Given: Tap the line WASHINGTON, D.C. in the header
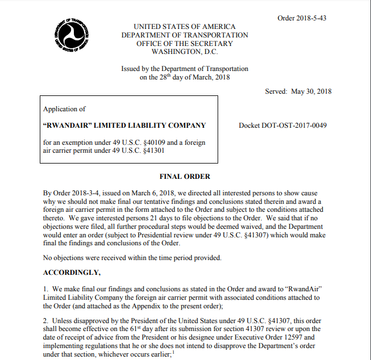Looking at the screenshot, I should coord(185,52).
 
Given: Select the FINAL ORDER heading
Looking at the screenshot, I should coord(185,177).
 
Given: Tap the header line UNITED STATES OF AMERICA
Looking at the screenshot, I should coord(185,27).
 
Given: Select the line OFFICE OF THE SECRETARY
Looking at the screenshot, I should coord(185,44).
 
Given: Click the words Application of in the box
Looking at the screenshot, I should coord(64,109).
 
